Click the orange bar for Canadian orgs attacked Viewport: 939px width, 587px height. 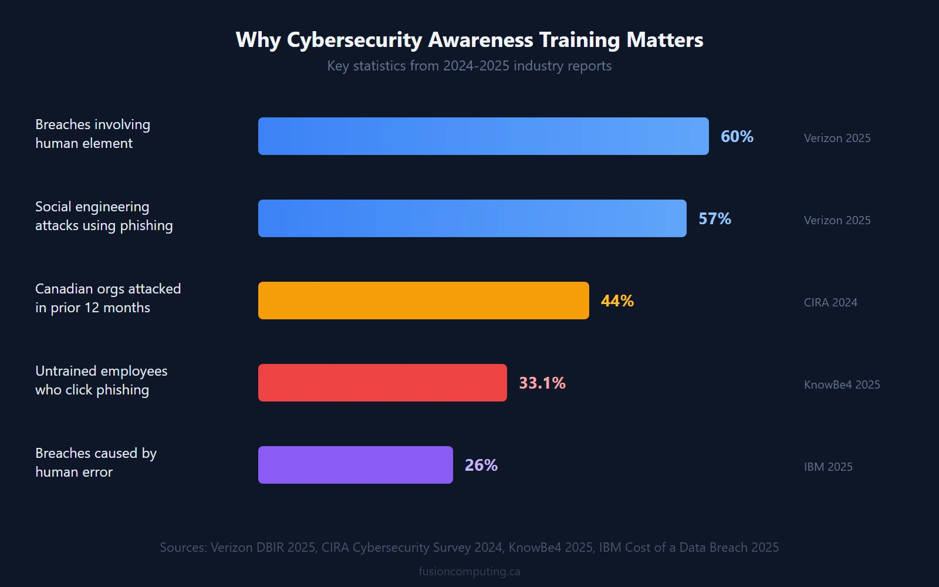click(423, 301)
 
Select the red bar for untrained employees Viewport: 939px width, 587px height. click(382, 383)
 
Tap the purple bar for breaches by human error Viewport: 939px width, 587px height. click(355, 465)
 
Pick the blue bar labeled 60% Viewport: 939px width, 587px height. click(483, 136)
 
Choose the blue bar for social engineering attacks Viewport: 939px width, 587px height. click(472, 218)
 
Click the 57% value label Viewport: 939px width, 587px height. click(714, 219)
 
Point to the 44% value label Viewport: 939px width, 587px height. click(617, 301)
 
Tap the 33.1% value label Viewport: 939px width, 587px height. click(542, 383)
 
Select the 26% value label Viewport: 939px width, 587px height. click(481, 465)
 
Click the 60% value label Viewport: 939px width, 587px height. click(737, 137)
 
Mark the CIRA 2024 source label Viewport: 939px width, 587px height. click(830, 302)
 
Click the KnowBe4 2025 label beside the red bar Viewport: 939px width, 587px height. click(842, 384)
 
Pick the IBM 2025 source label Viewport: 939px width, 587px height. click(827, 467)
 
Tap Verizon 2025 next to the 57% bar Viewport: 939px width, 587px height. click(837, 220)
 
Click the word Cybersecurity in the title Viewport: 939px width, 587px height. click(354, 40)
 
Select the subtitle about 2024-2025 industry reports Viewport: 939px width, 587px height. click(469, 66)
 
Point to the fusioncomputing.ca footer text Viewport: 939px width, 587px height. click(469, 571)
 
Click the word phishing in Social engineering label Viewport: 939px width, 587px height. click(146, 226)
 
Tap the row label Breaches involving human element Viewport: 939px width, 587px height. click(92, 134)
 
